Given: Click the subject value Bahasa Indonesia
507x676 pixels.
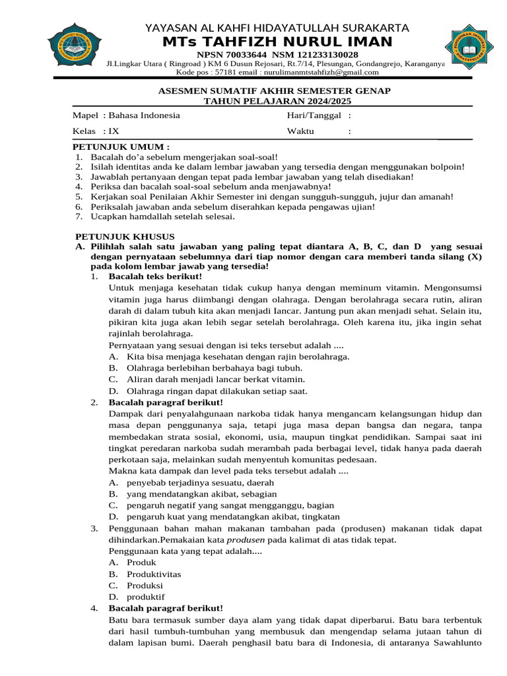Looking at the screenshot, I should pos(144,116).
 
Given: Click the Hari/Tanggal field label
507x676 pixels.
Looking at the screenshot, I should pos(314,116).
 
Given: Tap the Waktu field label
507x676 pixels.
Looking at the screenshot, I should pos(300,131).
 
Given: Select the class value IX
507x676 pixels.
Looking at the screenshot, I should pos(114,131).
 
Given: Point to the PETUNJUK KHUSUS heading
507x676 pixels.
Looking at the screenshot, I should pos(124,236).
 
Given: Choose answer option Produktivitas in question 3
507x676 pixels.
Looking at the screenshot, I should pos(154,574).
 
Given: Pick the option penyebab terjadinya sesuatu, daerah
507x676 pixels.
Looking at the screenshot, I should pos(201,483).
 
